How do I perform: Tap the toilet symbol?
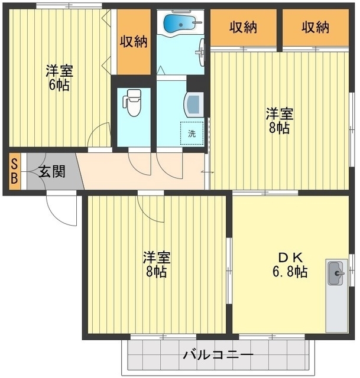(x=132, y=102)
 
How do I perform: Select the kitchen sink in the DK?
(x=336, y=273)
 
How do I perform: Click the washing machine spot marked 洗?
(x=192, y=133)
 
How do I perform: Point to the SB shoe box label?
(x=14, y=172)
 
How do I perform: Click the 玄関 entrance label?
(x=52, y=172)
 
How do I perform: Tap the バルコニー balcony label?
(x=218, y=354)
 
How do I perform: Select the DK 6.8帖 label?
(x=290, y=265)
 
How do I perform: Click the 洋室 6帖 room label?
(x=59, y=77)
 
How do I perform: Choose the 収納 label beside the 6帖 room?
(x=134, y=41)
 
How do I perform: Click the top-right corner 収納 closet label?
(x=315, y=27)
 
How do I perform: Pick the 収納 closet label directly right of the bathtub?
(x=243, y=27)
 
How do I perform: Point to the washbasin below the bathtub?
(x=201, y=51)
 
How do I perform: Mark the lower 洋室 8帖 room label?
(x=156, y=265)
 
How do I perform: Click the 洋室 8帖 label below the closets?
(x=280, y=120)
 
